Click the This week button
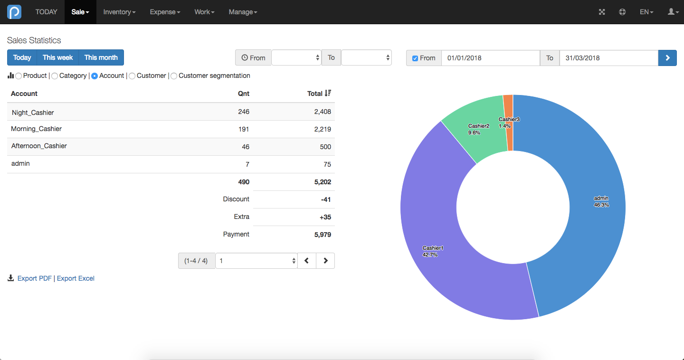58,57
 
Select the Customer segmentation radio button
174,76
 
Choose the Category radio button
55,76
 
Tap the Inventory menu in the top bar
119,12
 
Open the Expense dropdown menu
165,12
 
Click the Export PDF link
35,278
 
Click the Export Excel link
76,278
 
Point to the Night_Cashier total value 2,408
323,112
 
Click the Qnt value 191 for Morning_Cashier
244,129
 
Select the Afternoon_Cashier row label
39,146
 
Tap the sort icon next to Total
328,93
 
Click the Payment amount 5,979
323,235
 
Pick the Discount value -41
326,199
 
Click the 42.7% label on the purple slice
430,255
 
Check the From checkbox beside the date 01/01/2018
415,58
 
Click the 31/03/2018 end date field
608,58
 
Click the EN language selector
646,12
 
